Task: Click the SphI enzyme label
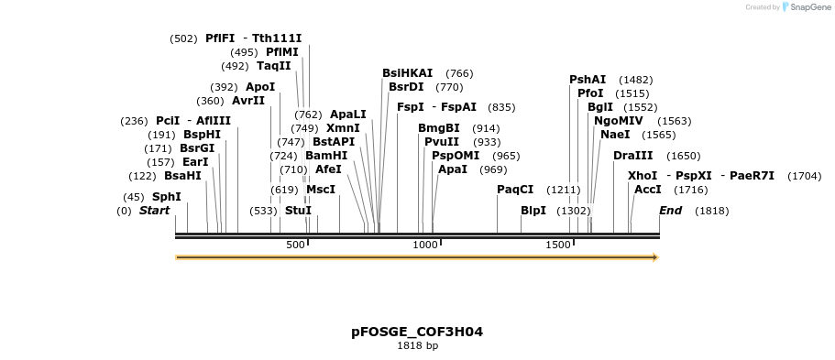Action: tap(166, 197)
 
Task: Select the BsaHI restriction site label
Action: tap(182, 176)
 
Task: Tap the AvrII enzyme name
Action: tap(247, 101)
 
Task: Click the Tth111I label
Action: tap(277, 38)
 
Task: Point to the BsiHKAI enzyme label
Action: tap(407, 73)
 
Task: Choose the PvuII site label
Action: tap(441, 142)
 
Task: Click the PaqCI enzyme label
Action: tap(515, 190)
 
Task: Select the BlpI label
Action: tap(533, 211)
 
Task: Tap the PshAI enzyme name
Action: tap(588, 80)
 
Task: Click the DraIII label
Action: tap(633, 156)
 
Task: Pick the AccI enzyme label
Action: tap(648, 190)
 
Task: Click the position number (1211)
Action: tap(564, 190)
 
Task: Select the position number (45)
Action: tap(134, 197)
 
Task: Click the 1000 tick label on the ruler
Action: tap(425, 245)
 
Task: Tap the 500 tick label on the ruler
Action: tap(295, 245)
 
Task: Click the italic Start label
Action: tap(154, 211)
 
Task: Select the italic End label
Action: tap(670, 211)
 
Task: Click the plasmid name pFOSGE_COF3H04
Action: tap(417, 332)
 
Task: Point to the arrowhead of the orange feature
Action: tap(655, 257)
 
